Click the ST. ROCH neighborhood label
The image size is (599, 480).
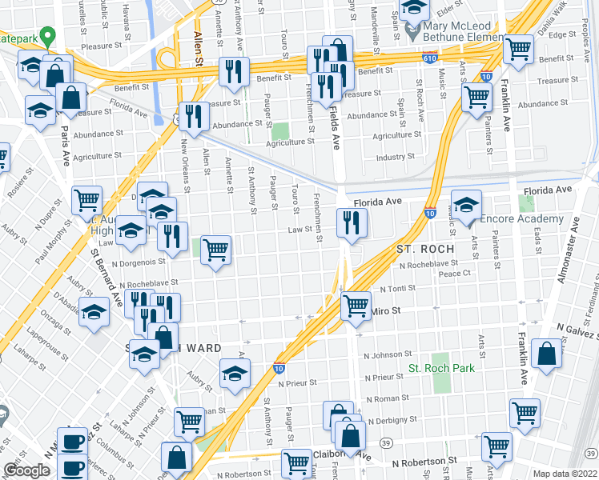click(x=425, y=249)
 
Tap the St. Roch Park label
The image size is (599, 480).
click(x=442, y=368)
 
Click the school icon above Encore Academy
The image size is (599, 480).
click(x=466, y=205)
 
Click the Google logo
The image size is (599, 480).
click(x=26, y=470)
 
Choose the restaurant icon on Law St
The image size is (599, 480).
click(x=351, y=223)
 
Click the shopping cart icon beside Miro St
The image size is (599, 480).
click(x=356, y=305)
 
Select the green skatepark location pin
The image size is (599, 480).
click(x=47, y=36)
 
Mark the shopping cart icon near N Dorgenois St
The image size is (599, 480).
click(x=215, y=251)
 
